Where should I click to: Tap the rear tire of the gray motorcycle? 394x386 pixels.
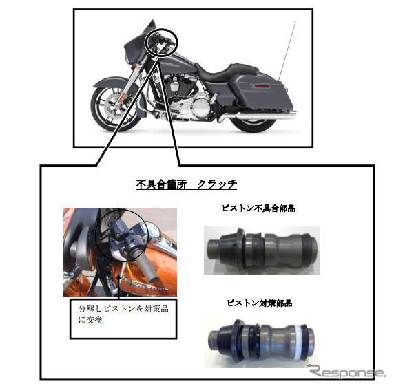coord(253,125)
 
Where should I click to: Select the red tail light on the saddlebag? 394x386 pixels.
coord(260,86)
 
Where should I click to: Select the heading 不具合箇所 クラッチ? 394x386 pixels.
coord(186,184)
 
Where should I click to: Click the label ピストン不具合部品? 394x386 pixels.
coord(258,208)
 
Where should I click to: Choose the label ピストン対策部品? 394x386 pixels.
coord(259,303)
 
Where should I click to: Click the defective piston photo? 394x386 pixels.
coord(262,250)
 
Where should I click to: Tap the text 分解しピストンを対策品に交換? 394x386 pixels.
coord(123,314)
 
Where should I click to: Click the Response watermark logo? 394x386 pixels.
coord(346,372)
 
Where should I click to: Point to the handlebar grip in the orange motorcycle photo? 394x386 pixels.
coord(147,268)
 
